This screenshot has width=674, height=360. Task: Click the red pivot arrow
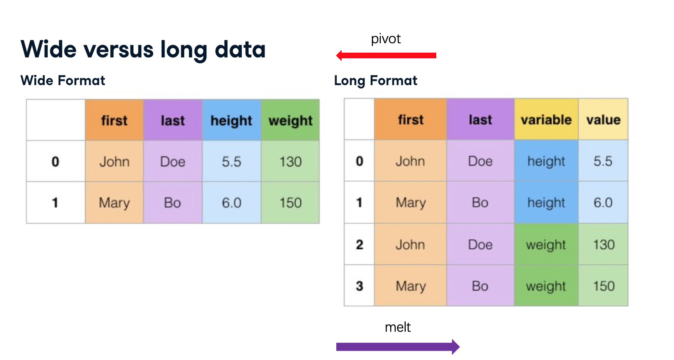[386, 55]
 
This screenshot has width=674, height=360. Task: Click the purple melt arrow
[398, 346]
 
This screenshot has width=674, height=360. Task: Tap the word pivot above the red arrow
[386, 39]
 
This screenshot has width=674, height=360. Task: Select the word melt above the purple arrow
[398, 327]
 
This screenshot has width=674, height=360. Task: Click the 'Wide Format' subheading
[63, 80]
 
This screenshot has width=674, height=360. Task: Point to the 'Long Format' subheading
[375, 81]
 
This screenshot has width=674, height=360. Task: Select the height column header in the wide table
[231, 120]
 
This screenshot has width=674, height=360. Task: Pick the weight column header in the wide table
[290, 120]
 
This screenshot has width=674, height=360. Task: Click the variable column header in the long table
[546, 119]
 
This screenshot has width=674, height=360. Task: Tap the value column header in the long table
[603, 119]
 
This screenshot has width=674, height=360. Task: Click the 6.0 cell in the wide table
[231, 203]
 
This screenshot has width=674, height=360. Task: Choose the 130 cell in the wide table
[290, 162]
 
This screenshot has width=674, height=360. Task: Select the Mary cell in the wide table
[114, 203]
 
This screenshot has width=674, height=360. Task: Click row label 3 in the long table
[359, 286]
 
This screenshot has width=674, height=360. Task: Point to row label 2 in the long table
[359, 244]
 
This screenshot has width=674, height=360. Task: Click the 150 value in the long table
[604, 286]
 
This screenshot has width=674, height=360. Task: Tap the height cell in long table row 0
[546, 161]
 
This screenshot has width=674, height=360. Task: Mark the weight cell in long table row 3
[546, 286]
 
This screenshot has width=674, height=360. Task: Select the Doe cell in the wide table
[173, 162]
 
